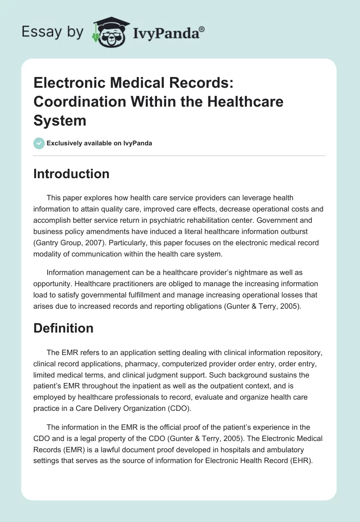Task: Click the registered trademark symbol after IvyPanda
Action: (202, 29)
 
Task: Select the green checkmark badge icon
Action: (39, 143)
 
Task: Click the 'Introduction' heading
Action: (71, 174)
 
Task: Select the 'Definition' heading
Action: (63, 328)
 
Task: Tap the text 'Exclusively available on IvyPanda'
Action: (99, 143)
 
